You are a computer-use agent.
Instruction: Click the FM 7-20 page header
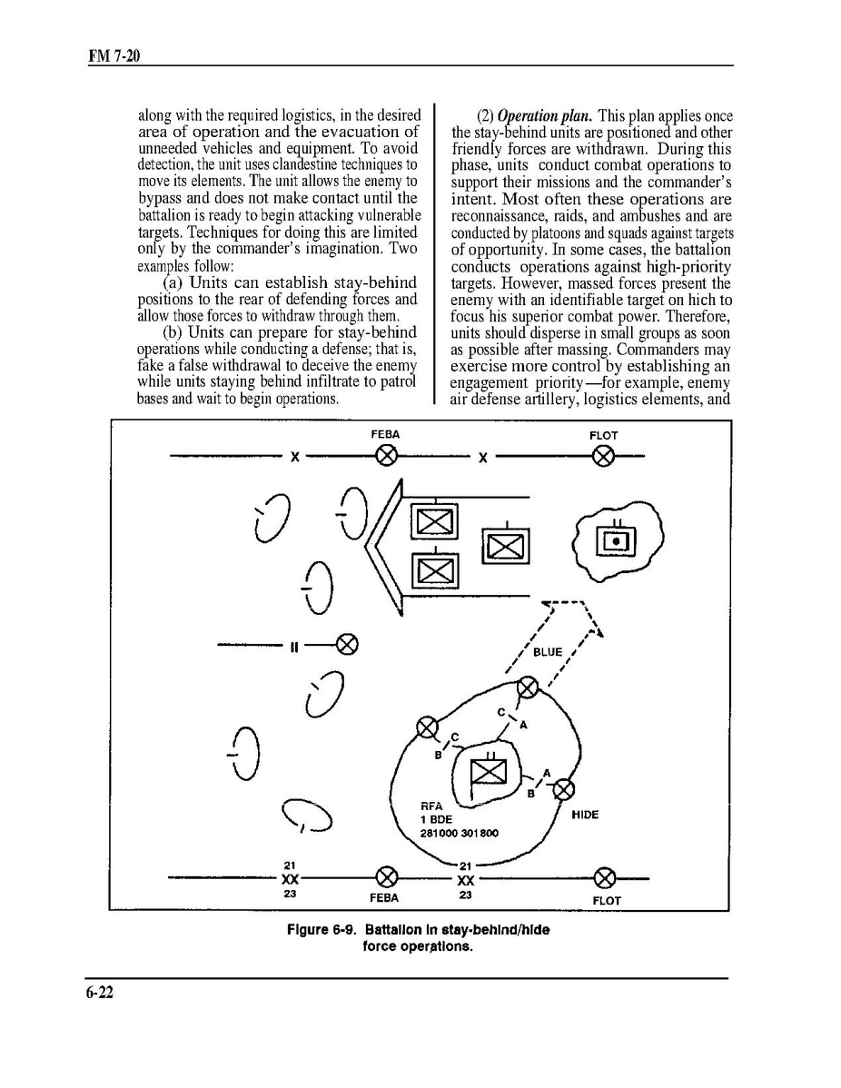coord(113,57)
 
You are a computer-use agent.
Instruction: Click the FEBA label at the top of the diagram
coord(385,435)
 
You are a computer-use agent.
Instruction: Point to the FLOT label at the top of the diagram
coord(603,436)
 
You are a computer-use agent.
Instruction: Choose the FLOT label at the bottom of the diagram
coord(606,900)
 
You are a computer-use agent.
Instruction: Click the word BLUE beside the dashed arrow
coord(548,652)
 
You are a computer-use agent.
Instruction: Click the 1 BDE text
coord(436,819)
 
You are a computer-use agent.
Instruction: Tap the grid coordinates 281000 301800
coord(459,833)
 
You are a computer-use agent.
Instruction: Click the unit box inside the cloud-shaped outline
coord(617,542)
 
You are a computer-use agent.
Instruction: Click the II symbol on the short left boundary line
coord(294,647)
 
